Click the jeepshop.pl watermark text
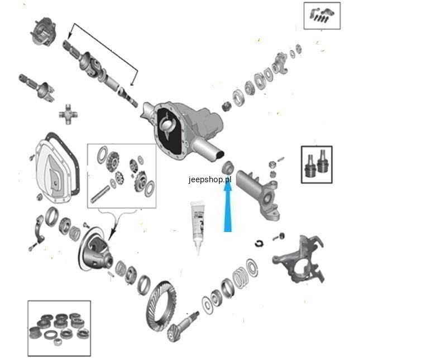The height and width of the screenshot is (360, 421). (210, 179)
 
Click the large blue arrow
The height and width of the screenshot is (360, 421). (228, 207)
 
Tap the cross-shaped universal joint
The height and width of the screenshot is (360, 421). (68, 114)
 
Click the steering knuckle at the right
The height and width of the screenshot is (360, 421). (298, 260)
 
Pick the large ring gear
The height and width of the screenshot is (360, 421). (161, 306)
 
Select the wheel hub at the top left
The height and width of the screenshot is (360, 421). (43, 31)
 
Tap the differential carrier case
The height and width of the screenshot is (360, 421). (96, 249)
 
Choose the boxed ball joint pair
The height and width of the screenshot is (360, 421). (317, 164)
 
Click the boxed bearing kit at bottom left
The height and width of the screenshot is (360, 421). (59, 328)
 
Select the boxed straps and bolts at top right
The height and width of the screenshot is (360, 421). (322, 16)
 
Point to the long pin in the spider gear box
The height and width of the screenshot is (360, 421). (100, 195)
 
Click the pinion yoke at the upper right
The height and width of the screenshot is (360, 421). (280, 64)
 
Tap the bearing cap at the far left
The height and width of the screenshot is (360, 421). (39, 229)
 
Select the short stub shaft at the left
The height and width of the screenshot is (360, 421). (37, 87)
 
